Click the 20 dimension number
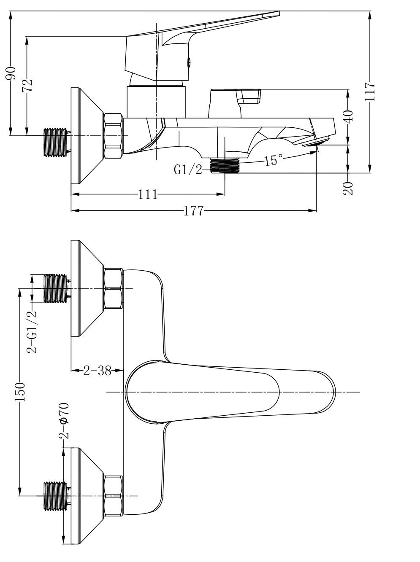point(349,188)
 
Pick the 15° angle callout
point(274,161)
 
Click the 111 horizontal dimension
point(148,194)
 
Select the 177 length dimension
point(194,210)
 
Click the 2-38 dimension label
point(97,371)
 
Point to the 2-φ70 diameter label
point(64,420)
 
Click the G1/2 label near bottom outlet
point(188,169)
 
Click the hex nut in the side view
point(113,136)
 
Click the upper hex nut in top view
point(113,289)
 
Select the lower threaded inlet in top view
point(56,496)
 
